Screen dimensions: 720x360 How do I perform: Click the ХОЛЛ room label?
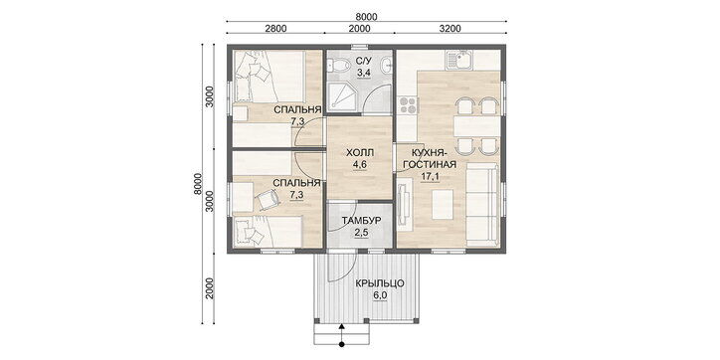360,152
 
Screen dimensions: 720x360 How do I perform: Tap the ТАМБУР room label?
361,221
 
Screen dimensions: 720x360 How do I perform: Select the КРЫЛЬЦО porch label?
379,283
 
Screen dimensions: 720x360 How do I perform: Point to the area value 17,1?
430,175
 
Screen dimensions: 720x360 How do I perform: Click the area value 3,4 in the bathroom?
364,72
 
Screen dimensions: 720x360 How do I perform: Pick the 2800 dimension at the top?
276,29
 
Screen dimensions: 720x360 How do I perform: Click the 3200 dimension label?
450,29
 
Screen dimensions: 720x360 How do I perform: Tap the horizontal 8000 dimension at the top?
366,17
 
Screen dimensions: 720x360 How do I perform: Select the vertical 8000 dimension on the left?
198,184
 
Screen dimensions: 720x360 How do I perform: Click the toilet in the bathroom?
338,66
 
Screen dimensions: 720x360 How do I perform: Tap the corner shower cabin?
341,95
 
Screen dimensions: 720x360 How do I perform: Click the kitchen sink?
458,60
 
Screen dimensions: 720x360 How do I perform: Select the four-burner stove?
407,105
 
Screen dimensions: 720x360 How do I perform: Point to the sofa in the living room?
482,205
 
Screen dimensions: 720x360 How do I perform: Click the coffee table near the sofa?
444,204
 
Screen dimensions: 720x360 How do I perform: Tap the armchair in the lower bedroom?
267,199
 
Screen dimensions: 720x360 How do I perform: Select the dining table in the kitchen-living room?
476,126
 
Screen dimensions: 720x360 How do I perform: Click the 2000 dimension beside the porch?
210,288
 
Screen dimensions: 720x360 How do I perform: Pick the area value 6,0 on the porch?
380,295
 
